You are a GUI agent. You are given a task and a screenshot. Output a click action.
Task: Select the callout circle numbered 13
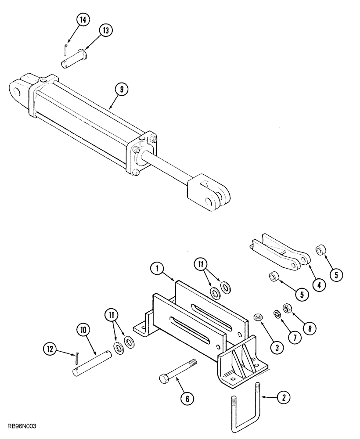(x=105, y=30)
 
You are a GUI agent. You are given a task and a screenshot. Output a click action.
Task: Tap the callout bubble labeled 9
(x=122, y=90)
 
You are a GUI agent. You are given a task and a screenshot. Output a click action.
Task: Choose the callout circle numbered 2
(x=284, y=399)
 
